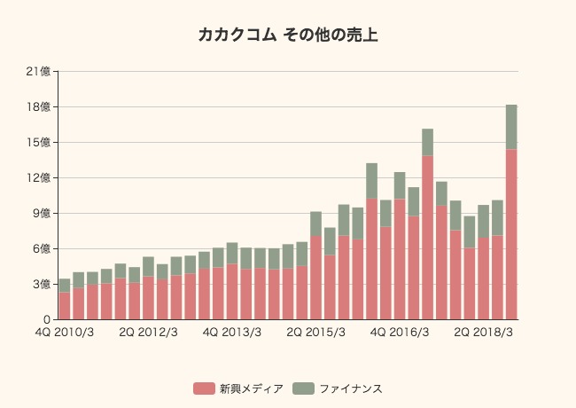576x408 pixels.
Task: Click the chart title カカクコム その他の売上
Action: click(287, 35)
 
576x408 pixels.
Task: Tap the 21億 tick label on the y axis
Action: click(38, 71)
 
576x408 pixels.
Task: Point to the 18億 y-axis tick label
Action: click(38, 106)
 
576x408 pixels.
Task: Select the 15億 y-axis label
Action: click(38, 142)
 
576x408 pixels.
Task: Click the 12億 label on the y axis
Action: click(38, 177)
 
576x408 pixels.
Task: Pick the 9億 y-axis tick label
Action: click(41, 213)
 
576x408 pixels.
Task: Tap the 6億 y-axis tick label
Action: click(41, 248)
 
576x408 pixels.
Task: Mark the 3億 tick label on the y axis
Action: click(41, 284)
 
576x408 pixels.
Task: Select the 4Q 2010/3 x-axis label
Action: click(64, 333)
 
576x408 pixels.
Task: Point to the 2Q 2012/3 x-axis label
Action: click(148, 333)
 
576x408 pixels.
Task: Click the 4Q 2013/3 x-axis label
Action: click(232, 333)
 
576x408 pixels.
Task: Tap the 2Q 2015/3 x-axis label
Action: click(316, 333)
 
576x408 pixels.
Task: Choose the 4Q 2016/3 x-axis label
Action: click(400, 333)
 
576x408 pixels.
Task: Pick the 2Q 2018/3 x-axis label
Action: click(484, 333)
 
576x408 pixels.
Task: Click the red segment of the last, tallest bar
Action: click(511, 234)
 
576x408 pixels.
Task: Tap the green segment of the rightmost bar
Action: click(511, 127)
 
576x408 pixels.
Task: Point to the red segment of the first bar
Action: click(65, 306)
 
